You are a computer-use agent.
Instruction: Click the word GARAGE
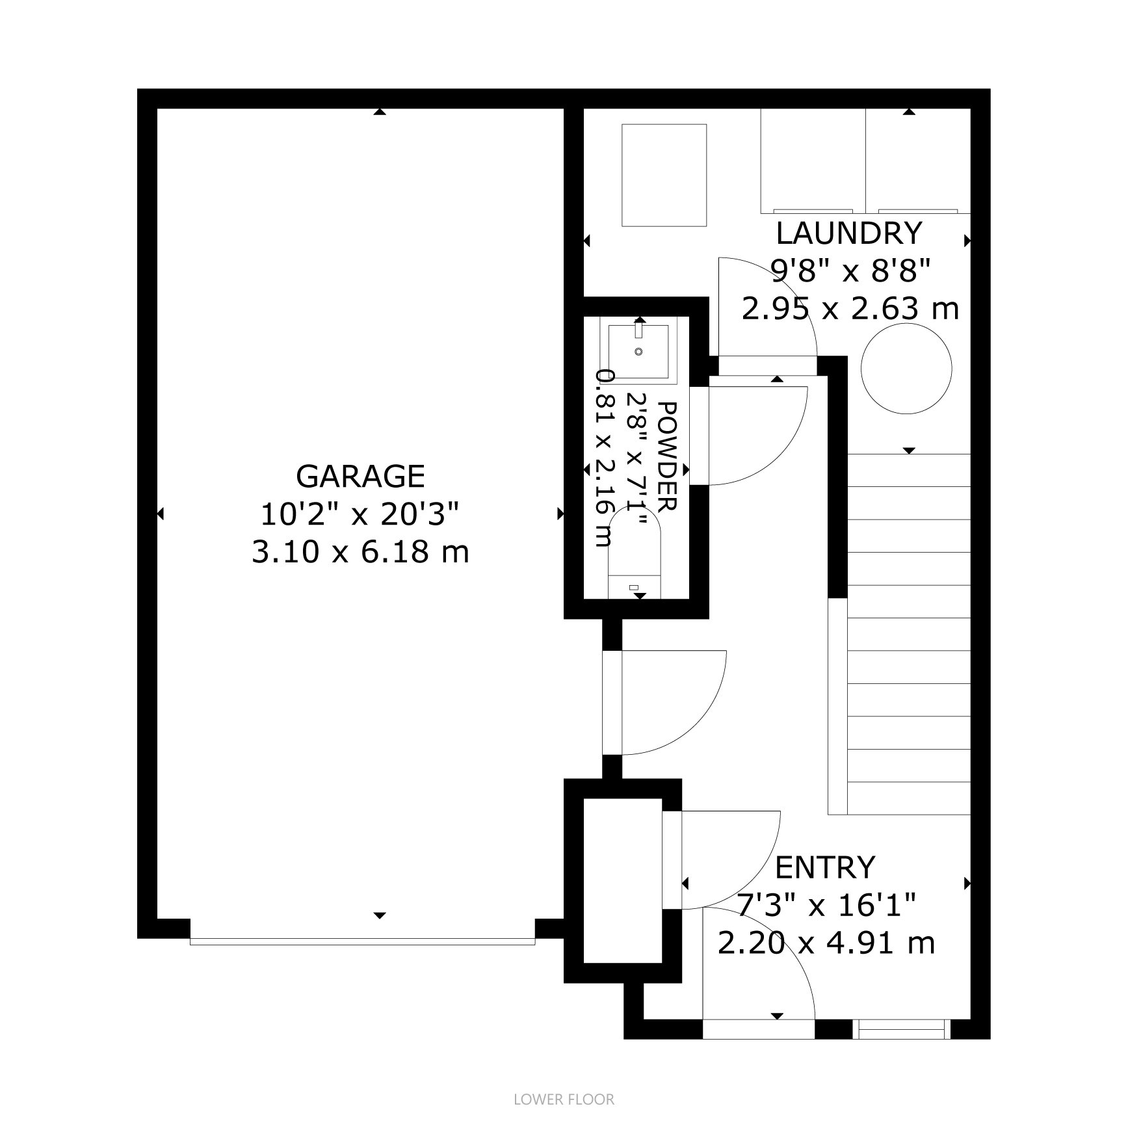(x=360, y=477)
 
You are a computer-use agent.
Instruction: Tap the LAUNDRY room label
(x=849, y=233)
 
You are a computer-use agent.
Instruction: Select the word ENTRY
(x=825, y=867)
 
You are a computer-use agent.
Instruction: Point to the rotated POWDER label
(x=668, y=455)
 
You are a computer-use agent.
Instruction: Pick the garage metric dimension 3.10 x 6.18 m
(x=360, y=553)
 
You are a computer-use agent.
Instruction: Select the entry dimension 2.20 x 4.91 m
(x=826, y=942)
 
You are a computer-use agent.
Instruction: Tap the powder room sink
(x=638, y=351)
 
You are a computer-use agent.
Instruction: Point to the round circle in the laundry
(x=906, y=369)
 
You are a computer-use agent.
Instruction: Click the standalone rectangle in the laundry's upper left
(x=664, y=176)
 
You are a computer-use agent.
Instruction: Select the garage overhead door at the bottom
(x=362, y=940)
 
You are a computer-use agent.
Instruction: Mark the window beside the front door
(x=901, y=1029)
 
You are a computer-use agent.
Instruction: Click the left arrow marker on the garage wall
(x=161, y=514)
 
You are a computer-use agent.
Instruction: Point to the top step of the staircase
(x=909, y=470)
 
